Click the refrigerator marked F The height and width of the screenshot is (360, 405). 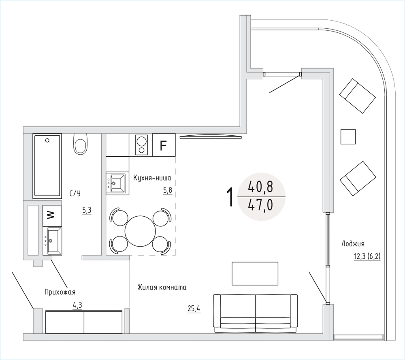[x=164, y=145]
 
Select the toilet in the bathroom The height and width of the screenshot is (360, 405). [x=80, y=144]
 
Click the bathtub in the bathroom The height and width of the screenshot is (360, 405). [x=47, y=166]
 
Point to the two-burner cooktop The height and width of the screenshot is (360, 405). [x=141, y=145]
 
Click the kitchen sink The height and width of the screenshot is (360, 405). [x=117, y=183]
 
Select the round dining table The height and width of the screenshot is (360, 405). [x=140, y=231]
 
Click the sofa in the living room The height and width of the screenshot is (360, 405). [x=256, y=313]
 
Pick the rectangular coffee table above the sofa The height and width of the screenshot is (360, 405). [x=255, y=273]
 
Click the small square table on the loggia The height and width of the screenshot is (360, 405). [x=348, y=136]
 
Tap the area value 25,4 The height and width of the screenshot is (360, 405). [x=194, y=309]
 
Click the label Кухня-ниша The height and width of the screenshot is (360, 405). [x=152, y=178]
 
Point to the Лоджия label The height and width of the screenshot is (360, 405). [x=353, y=244]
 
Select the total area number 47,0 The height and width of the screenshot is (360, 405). [x=260, y=206]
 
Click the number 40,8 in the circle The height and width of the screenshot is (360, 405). [x=260, y=186]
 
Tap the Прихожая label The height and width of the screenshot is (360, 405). [x=60, y=292]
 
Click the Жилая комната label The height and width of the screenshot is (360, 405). [x=162, y=288]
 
